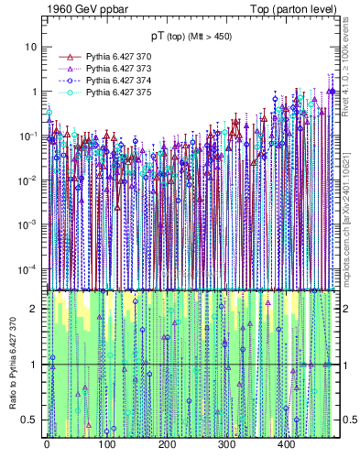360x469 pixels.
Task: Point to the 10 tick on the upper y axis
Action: (x=31, y=47)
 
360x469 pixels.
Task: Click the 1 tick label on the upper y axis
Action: (x=34, y=92)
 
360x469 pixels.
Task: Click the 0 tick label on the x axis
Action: (x=47, y=444)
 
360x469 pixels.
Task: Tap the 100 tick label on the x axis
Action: (x=106, y=444)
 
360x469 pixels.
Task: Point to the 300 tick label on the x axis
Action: (x=226, y=444)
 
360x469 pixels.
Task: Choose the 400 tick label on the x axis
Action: (x=286, y=444)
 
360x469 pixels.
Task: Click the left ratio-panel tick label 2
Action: (x=34, y=309)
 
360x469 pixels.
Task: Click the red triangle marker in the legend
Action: (x=67, y=57)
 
